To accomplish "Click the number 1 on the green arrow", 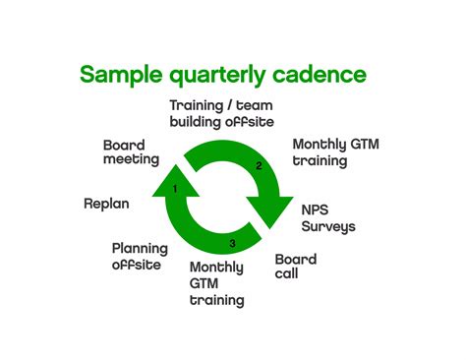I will [x=174, y=187].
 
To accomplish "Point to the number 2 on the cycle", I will [x=259, y=166].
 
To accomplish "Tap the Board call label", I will [x=295, y=266].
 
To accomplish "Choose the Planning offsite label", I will [x=140, y=257].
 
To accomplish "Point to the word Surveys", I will [x=328, y=227].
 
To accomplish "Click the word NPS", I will [x=315, y=210].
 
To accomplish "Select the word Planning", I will [x=140, y=249].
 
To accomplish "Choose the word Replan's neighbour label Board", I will [x=125, y=146].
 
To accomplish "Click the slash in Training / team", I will [x=229, y=105].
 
